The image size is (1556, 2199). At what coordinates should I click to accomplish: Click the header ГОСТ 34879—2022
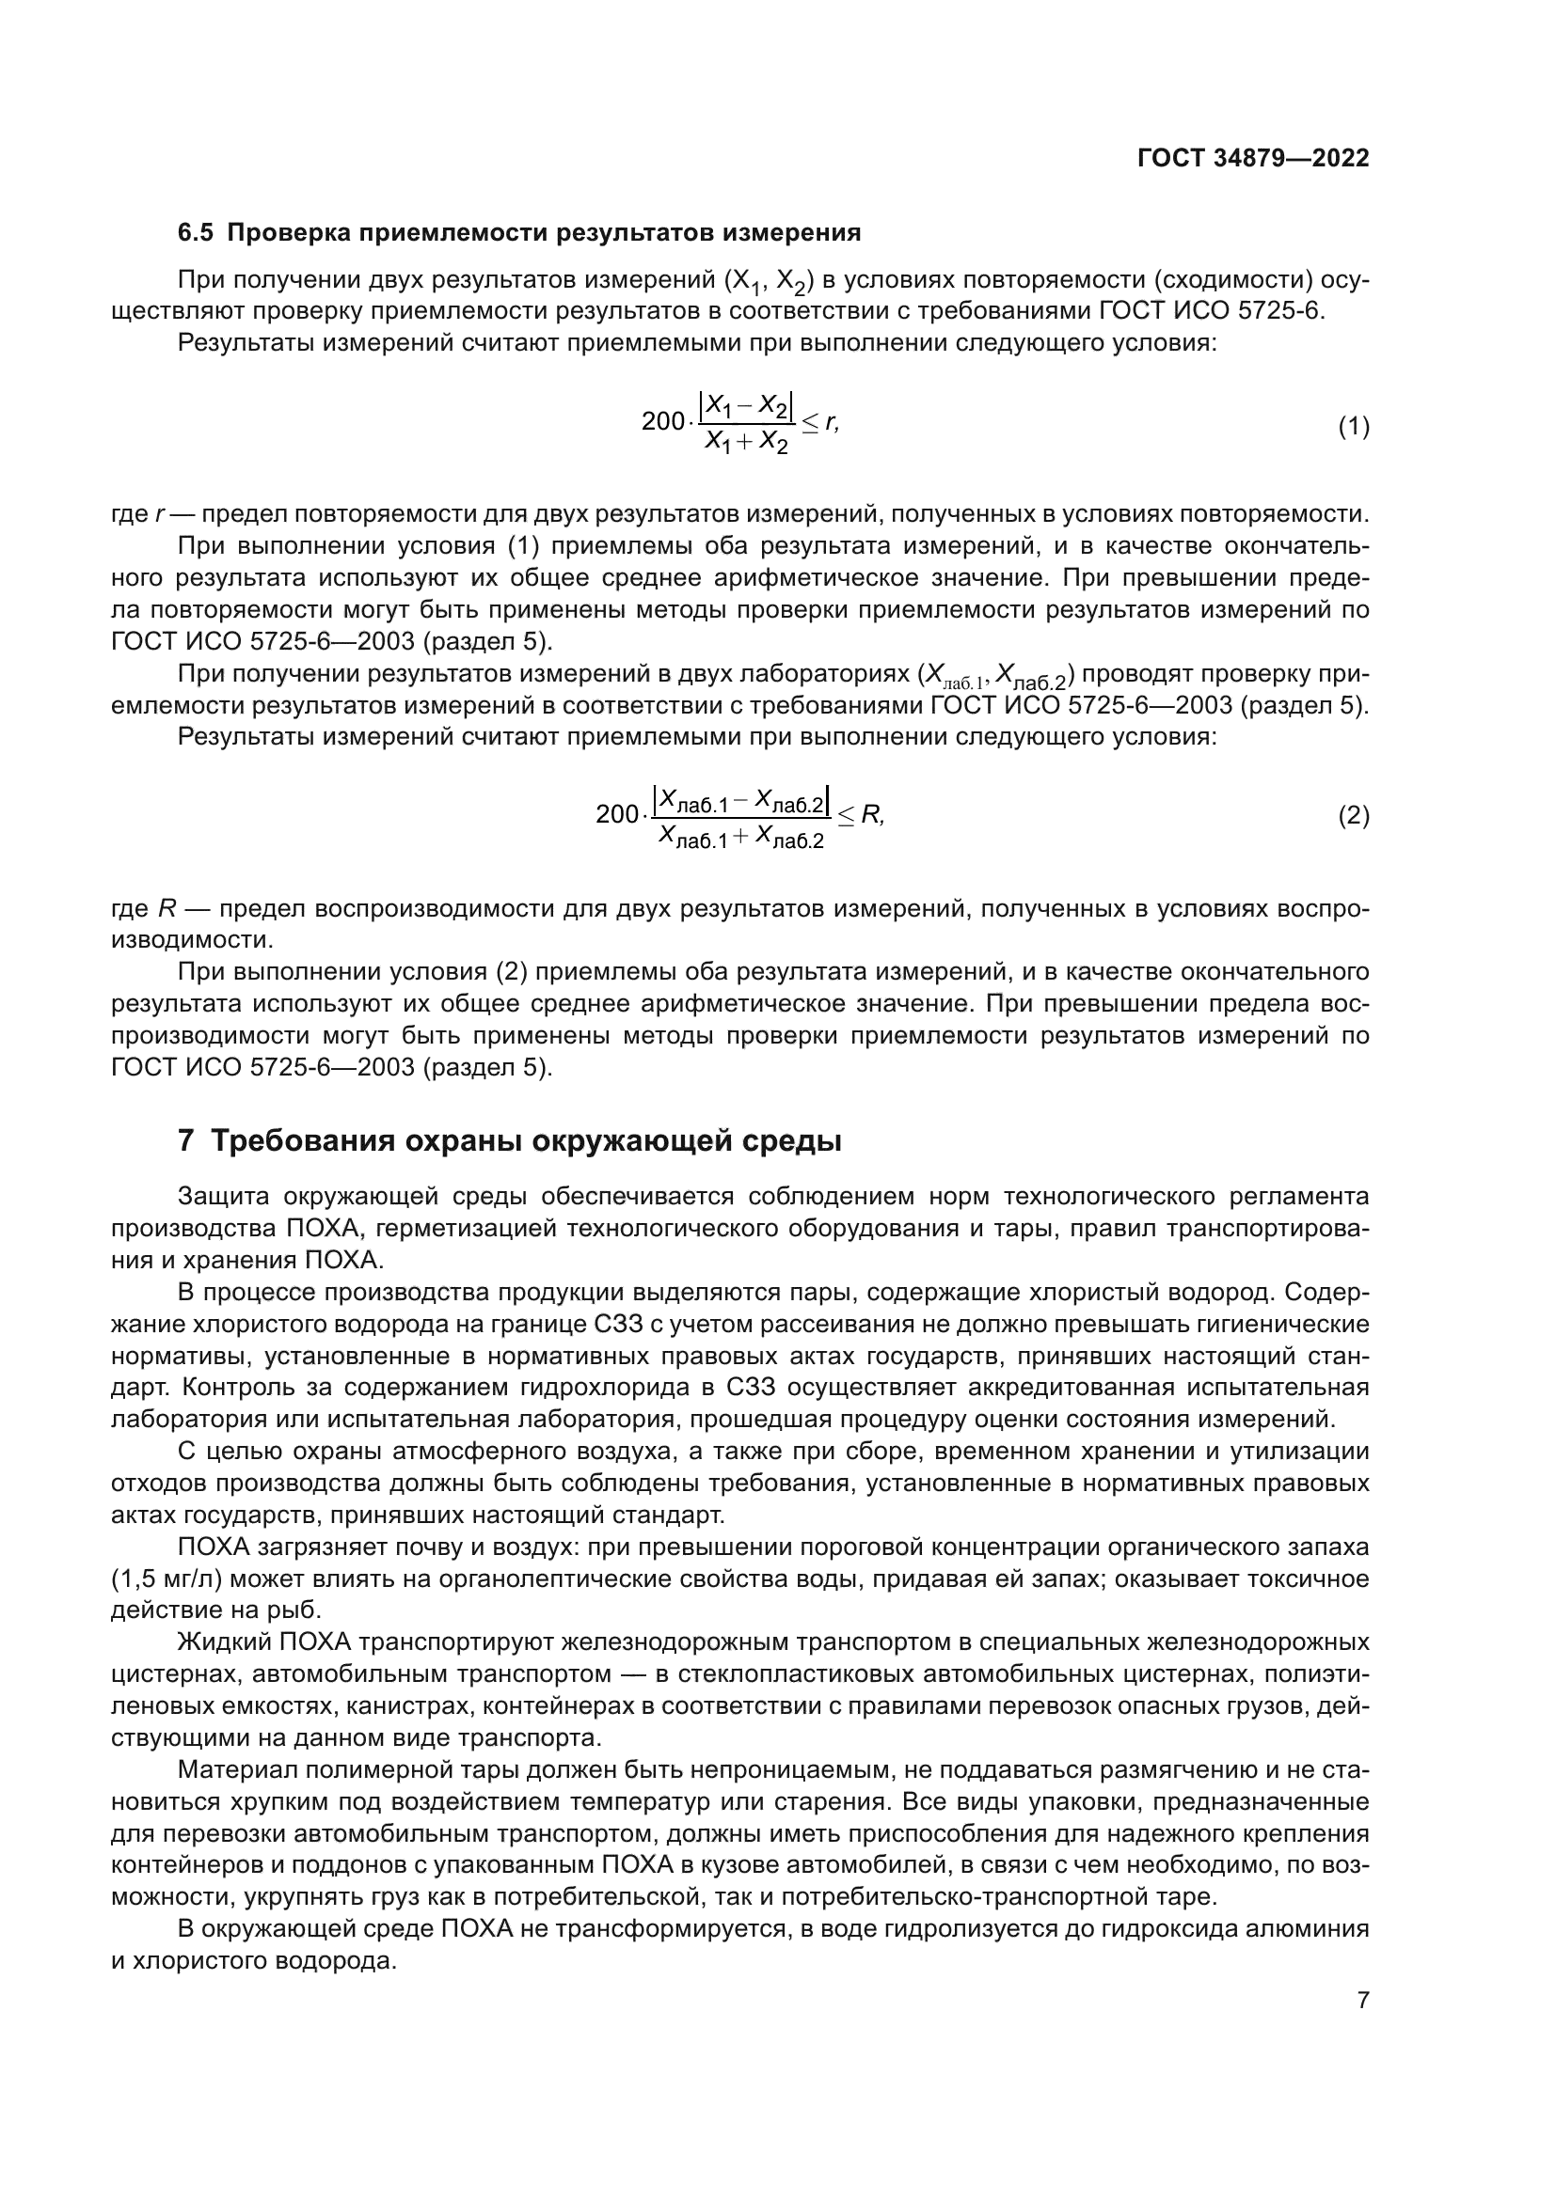click(1252, 158)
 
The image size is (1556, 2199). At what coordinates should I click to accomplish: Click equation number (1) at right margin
click(1353, 427)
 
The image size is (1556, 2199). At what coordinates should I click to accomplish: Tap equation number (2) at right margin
click(1353, 816)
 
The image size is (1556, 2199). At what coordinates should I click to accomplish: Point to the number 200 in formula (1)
click(662, 421)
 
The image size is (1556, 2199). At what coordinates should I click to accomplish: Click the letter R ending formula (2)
click(870, 815)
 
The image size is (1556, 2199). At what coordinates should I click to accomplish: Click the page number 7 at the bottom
click(1362, 2000)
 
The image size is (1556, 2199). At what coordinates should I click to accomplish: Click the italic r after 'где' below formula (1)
click(158, 514)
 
